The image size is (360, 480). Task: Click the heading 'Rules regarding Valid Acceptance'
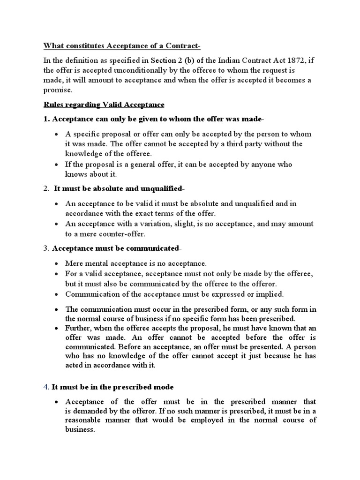[104, 104]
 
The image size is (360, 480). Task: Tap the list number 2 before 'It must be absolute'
[46, 188]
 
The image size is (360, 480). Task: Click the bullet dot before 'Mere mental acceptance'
[56, 264]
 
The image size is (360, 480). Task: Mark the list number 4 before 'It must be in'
[46, 387]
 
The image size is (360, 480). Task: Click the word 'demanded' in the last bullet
[93, 411]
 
